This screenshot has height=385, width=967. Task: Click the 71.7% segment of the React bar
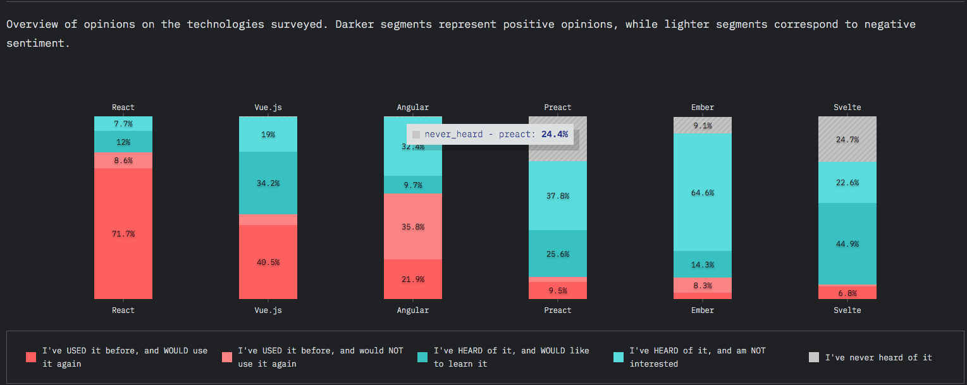(123, 233)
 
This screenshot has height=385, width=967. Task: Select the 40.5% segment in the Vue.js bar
(268, 262)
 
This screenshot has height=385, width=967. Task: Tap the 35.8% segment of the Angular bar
(413, 226)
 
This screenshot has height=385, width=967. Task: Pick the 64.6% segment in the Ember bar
(703, 192)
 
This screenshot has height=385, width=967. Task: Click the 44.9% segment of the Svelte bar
(847, 244)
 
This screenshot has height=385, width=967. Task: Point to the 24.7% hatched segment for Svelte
(847, 139)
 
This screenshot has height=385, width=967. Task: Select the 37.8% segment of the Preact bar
(558, 196)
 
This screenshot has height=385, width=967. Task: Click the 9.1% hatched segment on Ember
(703, 125)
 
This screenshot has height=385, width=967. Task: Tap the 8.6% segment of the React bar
(123, 161)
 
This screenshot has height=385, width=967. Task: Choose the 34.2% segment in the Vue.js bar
(268, 183)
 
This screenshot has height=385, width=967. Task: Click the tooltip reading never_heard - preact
(490, 134)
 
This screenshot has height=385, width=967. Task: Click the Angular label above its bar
(413, 107)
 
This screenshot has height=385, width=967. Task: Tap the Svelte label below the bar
(847, 310)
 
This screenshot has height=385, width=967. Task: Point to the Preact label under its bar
(558, 310)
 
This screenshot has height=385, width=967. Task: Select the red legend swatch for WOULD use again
(31, 357)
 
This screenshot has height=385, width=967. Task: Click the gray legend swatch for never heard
(814, 357)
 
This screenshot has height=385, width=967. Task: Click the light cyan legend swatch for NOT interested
(619, 357)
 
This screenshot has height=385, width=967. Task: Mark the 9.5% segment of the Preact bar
(558, 291)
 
